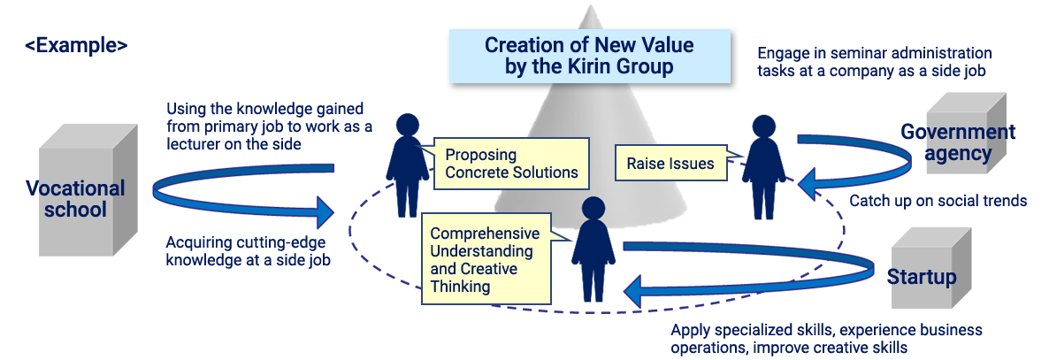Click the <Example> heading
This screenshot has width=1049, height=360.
pos(76,45)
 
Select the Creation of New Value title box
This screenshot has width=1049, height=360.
pos(588,56)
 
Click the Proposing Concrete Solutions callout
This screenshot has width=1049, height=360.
pos(511,164)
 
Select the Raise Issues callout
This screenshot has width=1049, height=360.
pos(670,163)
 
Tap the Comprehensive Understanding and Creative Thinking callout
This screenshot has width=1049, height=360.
pos(485,260)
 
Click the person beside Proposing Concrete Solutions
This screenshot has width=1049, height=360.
pos(407,164)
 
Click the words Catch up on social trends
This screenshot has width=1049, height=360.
pos(938,201)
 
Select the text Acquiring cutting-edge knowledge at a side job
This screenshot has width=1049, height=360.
pos(249,251)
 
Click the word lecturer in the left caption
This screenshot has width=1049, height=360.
pos(196,144)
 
